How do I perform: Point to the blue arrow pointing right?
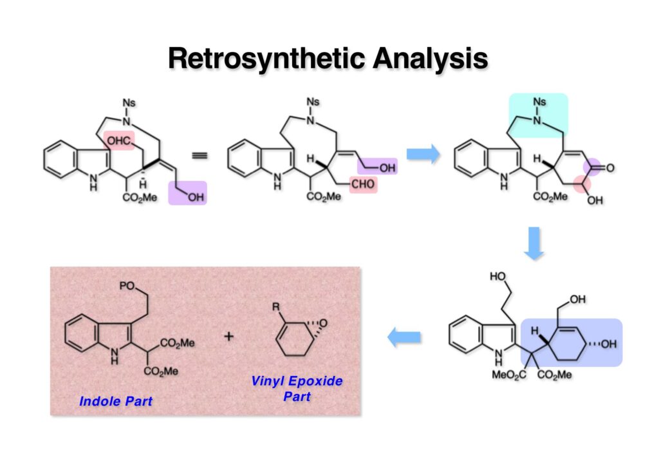point(423,154)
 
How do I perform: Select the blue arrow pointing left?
point(404,337)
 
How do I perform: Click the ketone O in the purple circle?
point(609,168)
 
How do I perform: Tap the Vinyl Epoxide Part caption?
point(297,388)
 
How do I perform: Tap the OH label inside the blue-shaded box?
point(608,342)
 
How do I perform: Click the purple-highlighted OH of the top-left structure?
point(193,198)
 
